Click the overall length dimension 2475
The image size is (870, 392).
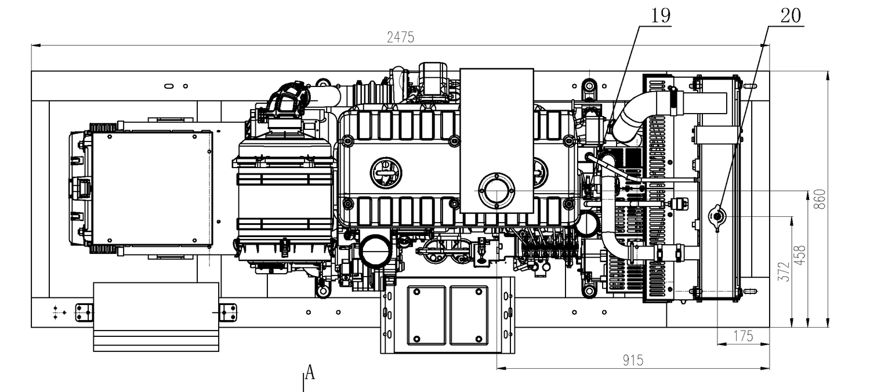tap(400, 37)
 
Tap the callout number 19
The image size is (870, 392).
tap(660, 16)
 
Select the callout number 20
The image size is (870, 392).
tap(791, 16)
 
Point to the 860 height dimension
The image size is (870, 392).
tap(819, 199)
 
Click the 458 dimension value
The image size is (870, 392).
tap(800, 255)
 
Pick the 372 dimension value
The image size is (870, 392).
tap(784, 271)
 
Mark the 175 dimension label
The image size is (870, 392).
tap(743, 336)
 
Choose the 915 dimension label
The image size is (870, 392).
tap(633, 361)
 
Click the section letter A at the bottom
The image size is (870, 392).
tap(310, 372)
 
